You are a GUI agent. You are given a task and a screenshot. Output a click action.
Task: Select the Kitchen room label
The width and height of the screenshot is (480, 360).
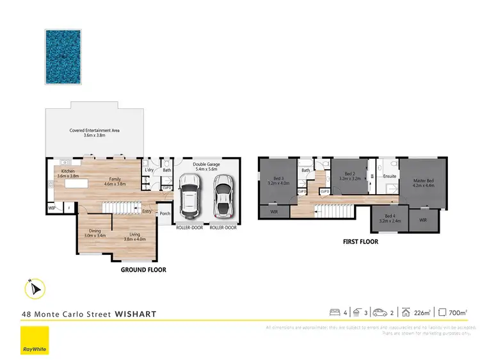tap(69, 174)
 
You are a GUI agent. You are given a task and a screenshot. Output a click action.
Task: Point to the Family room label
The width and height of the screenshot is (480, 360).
tap(115, 182)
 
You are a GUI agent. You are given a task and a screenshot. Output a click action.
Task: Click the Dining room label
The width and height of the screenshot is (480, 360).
tap(94, 234)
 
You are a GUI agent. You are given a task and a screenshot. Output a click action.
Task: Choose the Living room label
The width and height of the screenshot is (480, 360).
tap(134, 236)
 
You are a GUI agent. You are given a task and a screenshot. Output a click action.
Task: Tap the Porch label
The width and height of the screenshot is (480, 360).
tap(164, 213)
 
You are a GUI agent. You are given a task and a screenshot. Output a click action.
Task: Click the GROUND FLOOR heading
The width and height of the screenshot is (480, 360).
tap(143, 270)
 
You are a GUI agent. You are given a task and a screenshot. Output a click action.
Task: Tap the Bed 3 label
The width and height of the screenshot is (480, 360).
tap(279, 181)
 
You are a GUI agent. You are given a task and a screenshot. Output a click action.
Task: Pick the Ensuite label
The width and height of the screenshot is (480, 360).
tap(389, 176)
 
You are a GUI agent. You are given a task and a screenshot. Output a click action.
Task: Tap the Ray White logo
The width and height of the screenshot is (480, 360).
tap(33, 340)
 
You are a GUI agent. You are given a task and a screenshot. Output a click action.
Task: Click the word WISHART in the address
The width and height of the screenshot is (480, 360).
tap(135, 315)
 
